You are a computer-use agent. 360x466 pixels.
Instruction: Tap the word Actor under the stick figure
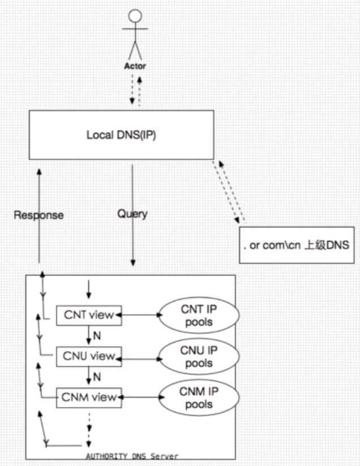pyautogui.click(x=135, y=66)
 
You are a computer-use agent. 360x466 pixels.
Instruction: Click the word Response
pyautogui.click(x=38, y=215)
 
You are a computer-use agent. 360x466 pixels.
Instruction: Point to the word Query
pyautogui.click(x=132, y=214)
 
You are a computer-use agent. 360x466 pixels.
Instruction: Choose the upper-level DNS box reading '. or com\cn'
pyautogui.click(x=295, y=245)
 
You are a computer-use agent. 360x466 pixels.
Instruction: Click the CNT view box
pyautogui.click(x=89, y=315)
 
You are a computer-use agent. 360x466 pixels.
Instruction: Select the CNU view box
pyautogui.click(x=89, y=356)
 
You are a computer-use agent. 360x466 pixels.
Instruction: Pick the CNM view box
pyautogui.click(x=89, y=397)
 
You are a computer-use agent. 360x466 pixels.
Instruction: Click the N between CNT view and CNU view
pyautogui.click(x=97, y=336)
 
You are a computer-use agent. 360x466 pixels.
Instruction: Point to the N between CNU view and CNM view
pyautogui.click(x=97, y=376)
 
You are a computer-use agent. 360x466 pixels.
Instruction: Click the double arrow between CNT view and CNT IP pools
pyautogui.click(x=140, y=315)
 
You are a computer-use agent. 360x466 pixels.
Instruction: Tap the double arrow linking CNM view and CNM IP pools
pyautogui.click(x=140, y=398)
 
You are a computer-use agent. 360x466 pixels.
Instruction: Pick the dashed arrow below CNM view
pyautogui.click(x=88, y=424)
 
